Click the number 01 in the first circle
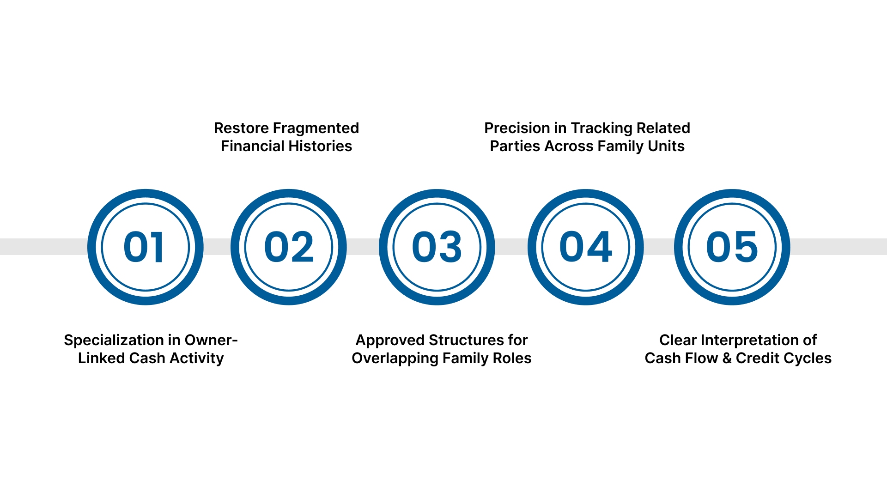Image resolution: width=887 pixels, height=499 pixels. [x=144, y=247]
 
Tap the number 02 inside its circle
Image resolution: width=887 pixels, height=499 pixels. [x=289, y=247]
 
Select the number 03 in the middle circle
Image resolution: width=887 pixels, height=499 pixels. [x=437, y=247]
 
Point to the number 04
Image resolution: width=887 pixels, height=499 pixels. [x=585, y=247]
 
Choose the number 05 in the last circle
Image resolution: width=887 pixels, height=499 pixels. [x=732, y=247]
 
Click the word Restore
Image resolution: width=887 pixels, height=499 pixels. [x=241, y=128]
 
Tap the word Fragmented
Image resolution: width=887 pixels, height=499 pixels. [x=316, y=128]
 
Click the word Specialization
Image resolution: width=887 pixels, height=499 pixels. [x=115, y=340]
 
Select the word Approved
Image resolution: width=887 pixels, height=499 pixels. [x=390, y=340]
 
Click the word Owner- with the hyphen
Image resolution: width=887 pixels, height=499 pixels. [x=211, y=340]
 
